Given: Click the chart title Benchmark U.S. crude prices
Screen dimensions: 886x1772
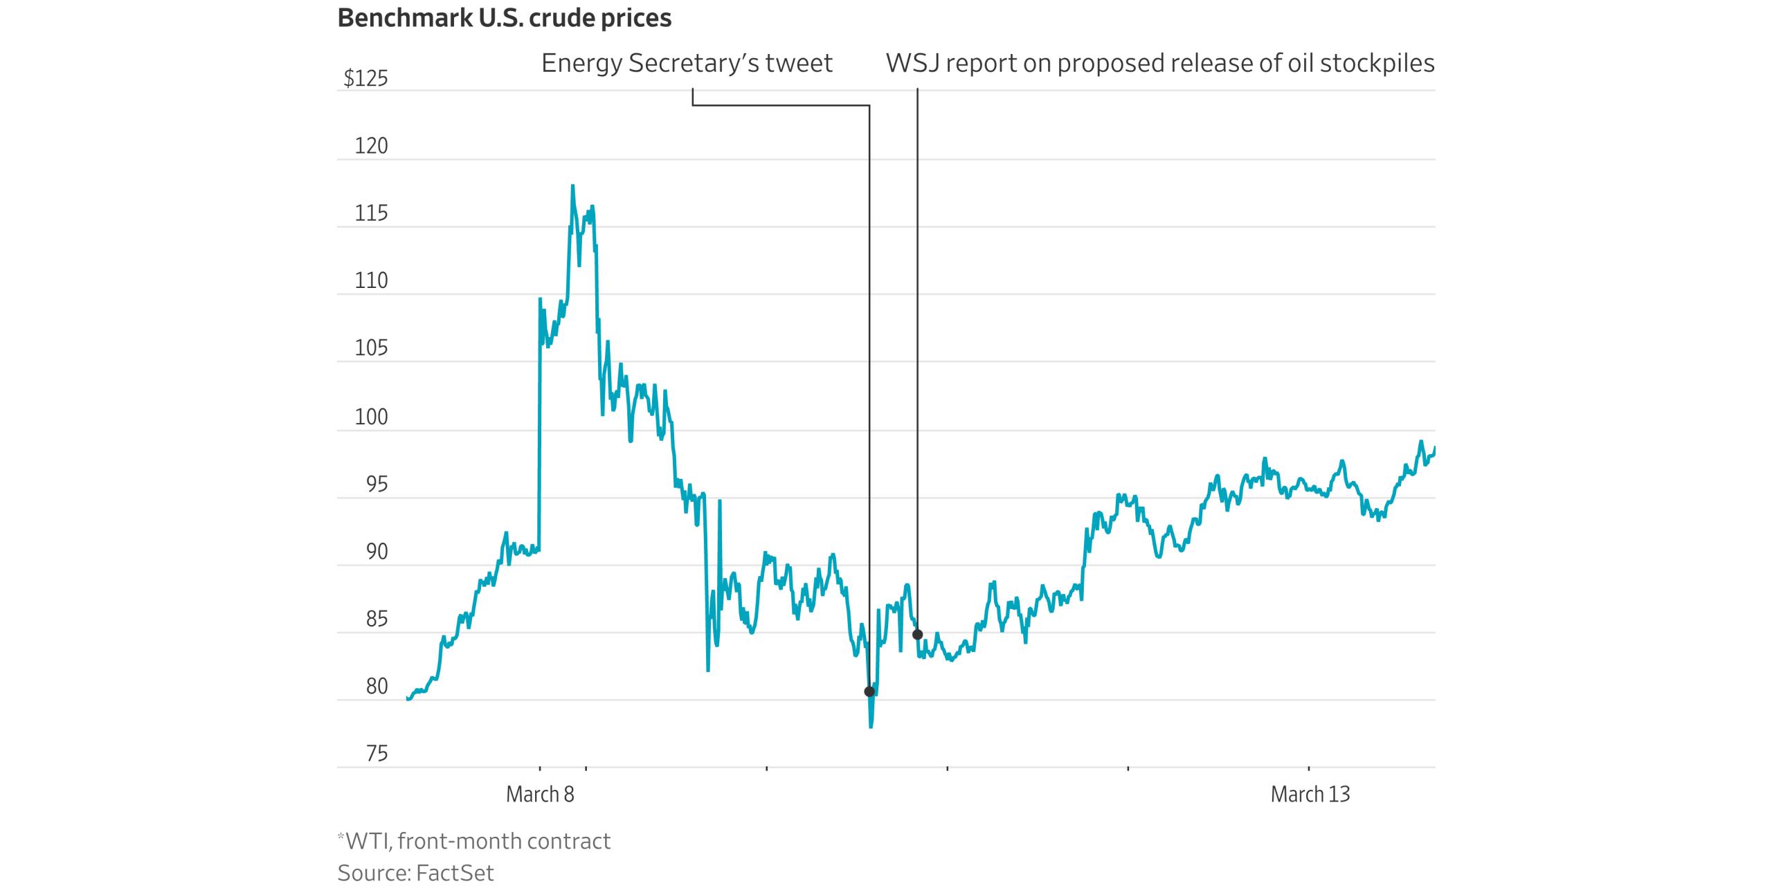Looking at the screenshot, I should (x=504, y=19).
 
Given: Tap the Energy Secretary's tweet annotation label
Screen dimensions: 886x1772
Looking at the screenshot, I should (x=687, y=64).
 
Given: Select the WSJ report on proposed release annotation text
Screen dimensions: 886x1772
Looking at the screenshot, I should (x=1160, y=64).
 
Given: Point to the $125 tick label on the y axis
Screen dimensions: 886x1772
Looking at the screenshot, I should (x=366, y=79).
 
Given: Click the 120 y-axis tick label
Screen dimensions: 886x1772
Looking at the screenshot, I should (x=372, y=146).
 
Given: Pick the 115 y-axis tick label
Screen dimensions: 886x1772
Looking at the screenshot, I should (x=372, y=213).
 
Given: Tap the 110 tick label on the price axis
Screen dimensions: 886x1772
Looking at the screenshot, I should (x=372, y=280).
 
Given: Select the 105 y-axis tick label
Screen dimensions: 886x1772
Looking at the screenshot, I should (x=372, y=347).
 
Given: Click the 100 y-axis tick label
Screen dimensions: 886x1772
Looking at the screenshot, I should (x=372, y=417).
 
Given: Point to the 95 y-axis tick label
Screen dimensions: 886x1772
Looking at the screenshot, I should (x=377, y=485).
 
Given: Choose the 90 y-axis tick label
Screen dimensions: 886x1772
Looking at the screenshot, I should (x=377, y=552).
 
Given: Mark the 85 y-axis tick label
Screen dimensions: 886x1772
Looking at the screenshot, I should (x=377, y=619).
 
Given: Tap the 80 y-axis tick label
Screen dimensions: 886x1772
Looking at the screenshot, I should (x=377, y=686).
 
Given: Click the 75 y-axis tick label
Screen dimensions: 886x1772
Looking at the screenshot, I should (x=377, y=753).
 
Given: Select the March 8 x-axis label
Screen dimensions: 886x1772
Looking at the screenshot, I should (x=540, y=794).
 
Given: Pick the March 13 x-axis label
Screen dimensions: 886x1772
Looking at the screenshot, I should (x=1310, y=794).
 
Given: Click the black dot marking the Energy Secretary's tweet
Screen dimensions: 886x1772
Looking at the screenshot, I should (x=869, y=691).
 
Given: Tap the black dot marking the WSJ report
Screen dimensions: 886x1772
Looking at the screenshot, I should (x=918, y=634).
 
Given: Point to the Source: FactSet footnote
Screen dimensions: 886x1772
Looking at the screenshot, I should (x=415, y=873).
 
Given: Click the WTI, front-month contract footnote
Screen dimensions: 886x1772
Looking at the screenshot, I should (x=475, y=841).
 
